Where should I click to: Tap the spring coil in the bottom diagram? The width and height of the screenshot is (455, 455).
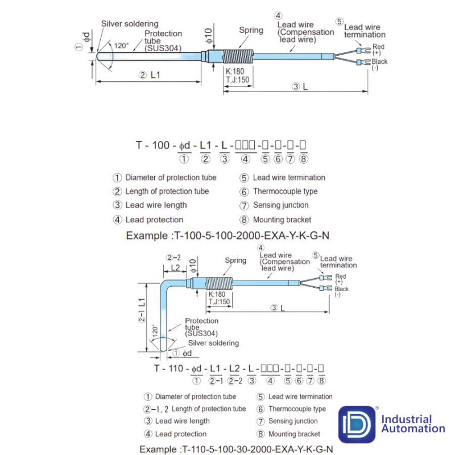[216, 283]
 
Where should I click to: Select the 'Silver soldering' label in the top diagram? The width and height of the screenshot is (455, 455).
[130, 24]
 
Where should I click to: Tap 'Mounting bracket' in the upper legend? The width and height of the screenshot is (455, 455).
[282, 220]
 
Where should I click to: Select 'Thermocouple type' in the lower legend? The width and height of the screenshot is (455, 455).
[297, 409]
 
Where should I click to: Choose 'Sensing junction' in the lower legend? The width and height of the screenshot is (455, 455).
[293, 421]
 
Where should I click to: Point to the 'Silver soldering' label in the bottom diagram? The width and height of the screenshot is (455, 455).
[213, 343]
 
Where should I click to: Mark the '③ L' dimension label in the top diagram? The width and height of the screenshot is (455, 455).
[301, 87]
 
